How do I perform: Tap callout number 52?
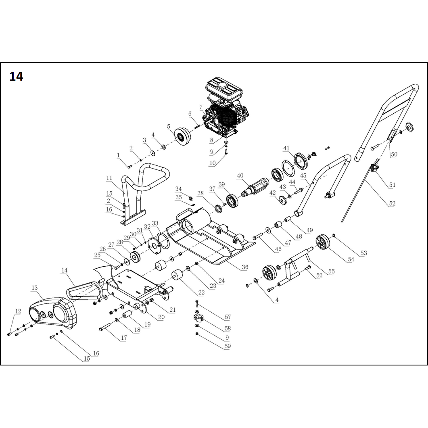point(392,204)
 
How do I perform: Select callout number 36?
point(245,267)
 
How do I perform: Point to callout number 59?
point(228,346)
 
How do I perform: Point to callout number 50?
point(394,154)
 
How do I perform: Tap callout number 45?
point(303,175)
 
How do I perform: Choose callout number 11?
point(109,178)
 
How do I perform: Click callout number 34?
point(178,189)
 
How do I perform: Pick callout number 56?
point(319,276)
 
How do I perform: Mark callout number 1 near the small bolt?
point(118,155)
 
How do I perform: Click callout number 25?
point(97,255)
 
